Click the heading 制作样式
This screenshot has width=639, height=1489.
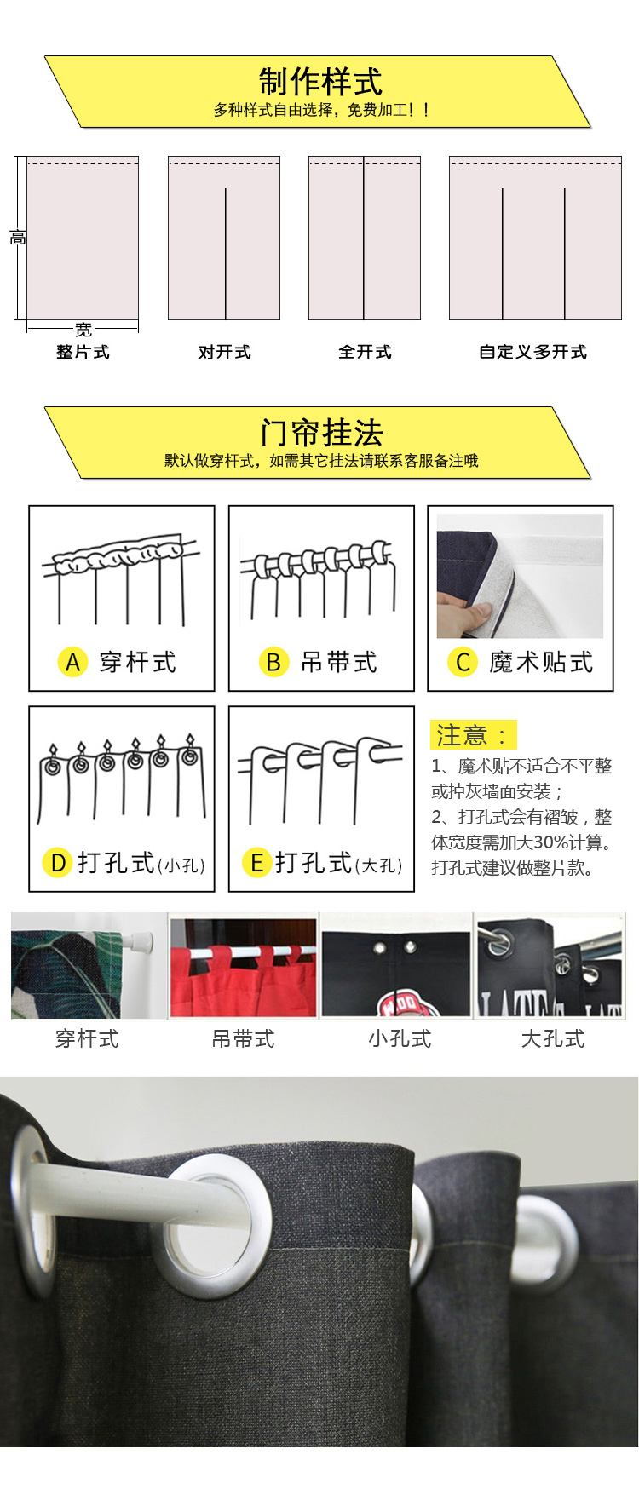pyautogui.click(x=320, y=83)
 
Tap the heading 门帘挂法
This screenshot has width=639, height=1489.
pyautogui.click(x=321, y=433)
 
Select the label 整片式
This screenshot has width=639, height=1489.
pyautogui.click(x=83, y=352)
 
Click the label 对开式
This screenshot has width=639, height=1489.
pyautogui.click(x=224, y=352)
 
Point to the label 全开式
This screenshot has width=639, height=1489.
pyautogui.click(x=365, y=352)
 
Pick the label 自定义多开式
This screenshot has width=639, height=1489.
pyautogui.click(x=533, y=352)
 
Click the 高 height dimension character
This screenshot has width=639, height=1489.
pyautogui.click(x=18, y=238)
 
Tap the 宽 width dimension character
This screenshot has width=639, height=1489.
pyautogui.click(x=83, y=329)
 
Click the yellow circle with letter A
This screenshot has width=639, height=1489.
pyautogui.click(x=72, y=662)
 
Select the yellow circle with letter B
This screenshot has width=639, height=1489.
pyautogui.click(x=273, y=662)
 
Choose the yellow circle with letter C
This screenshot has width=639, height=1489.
pyautogui.click(x=463, y=662)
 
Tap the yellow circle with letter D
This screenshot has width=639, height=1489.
pyautogui.click(x=57, y=863)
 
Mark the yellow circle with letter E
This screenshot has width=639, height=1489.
pyautogui.click(x=256, y=863)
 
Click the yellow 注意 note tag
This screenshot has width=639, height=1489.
pyautogui.click(x=474, y=734)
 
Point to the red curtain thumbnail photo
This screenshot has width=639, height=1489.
pyautogui.click(x=243, y=967)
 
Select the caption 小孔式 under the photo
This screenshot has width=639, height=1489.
pyautogui.click(x=400, y=1038)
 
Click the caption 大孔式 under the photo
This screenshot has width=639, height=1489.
pyautogui.click(x=553, y=1038)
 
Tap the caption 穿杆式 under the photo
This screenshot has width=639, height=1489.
pyautogui.click(x=87, y=1038)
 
